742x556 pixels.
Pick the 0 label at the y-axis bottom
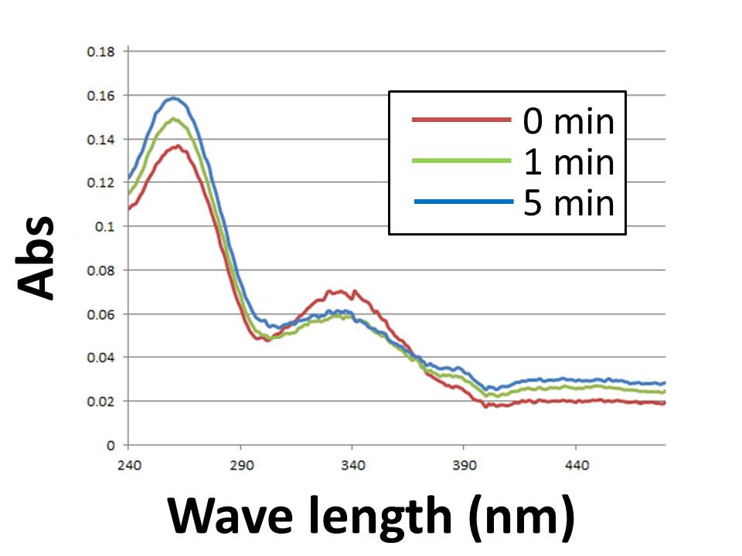[111, 446]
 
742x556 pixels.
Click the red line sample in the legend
[461, 120]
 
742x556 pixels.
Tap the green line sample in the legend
[461, 161]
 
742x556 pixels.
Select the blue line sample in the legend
[461, 202]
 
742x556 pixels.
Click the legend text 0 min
[567, 121]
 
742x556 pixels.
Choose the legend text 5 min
[567, 203]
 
